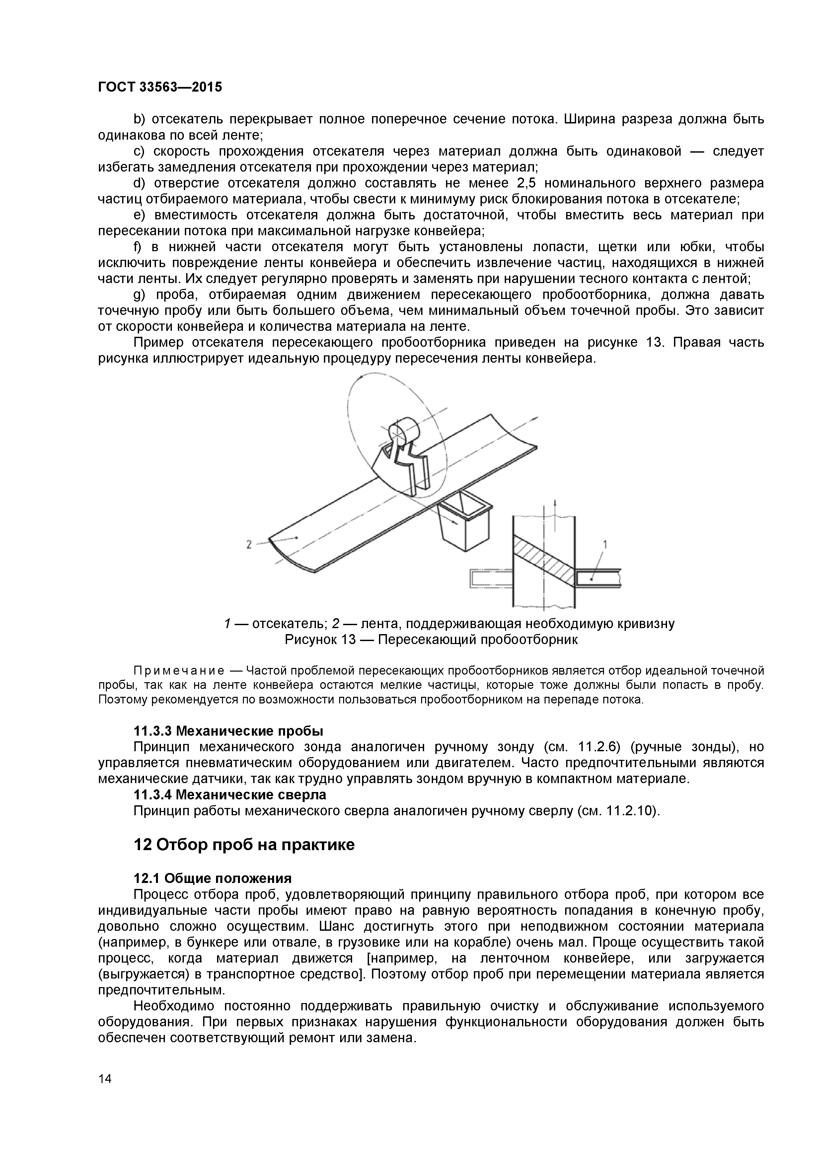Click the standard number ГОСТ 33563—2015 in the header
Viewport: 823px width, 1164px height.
[160, 87]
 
